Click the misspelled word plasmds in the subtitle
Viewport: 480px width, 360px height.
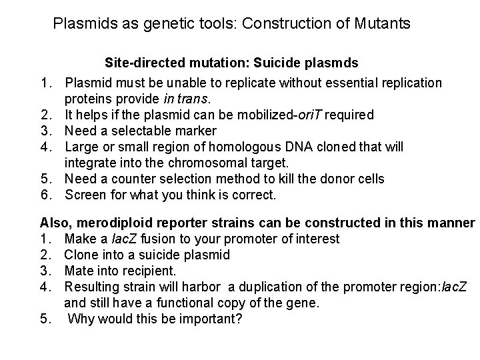[331, 63]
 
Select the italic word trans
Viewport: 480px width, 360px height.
[193, 98]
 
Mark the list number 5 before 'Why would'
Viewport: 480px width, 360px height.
[44, 319]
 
